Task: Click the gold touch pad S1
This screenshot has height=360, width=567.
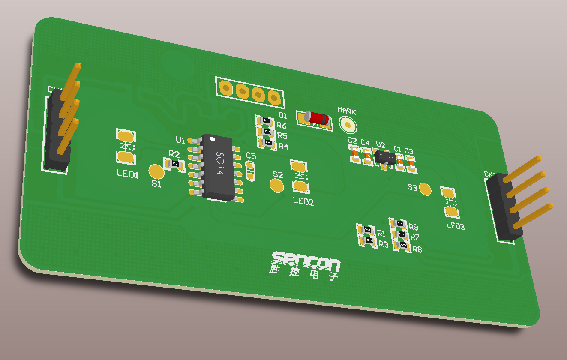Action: tap(156, 171)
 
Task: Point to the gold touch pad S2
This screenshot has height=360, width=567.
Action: tap(277, 186)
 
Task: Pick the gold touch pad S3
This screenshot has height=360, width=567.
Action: tap(425, 189)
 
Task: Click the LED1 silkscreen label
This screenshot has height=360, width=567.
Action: tap(128, 174)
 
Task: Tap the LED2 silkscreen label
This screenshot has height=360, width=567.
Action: tap(303, 201)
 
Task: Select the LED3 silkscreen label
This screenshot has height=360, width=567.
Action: tap(455, 226)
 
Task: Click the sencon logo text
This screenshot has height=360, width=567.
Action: tap(306, 260)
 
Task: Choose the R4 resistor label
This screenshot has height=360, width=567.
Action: tap(283, 147)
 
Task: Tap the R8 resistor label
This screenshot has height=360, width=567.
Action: tap(417, 249)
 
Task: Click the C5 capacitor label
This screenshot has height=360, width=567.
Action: tap(251, 156)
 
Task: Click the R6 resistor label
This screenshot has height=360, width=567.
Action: tap(282, 126)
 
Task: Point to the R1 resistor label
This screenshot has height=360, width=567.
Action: tap(381, 234)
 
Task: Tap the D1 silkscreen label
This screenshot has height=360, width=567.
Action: tap(282, 115)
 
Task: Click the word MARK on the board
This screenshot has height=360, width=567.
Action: tap(347, 111)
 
